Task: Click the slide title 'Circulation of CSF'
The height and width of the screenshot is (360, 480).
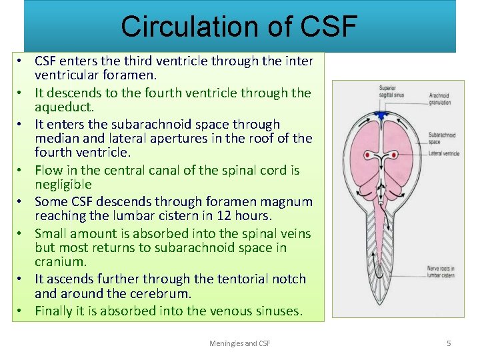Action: tap(239, 26)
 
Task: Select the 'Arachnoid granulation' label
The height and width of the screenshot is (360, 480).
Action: tap(439, 99)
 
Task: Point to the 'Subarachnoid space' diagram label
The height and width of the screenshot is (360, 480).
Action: tap(442, 138)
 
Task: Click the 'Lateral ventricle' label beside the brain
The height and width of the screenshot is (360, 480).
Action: tap(444, 153)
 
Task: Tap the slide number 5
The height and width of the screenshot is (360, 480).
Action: tap(449, 343)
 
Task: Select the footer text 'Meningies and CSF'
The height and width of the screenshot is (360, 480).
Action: tap(239, 343)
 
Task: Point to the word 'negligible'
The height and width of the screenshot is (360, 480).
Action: tap(63, 185)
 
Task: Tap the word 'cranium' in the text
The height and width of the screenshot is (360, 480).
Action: tap(60, 262)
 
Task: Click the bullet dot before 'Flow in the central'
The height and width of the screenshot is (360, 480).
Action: tap(21, 171)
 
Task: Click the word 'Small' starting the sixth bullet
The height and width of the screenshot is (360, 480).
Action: tap(51, 233)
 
